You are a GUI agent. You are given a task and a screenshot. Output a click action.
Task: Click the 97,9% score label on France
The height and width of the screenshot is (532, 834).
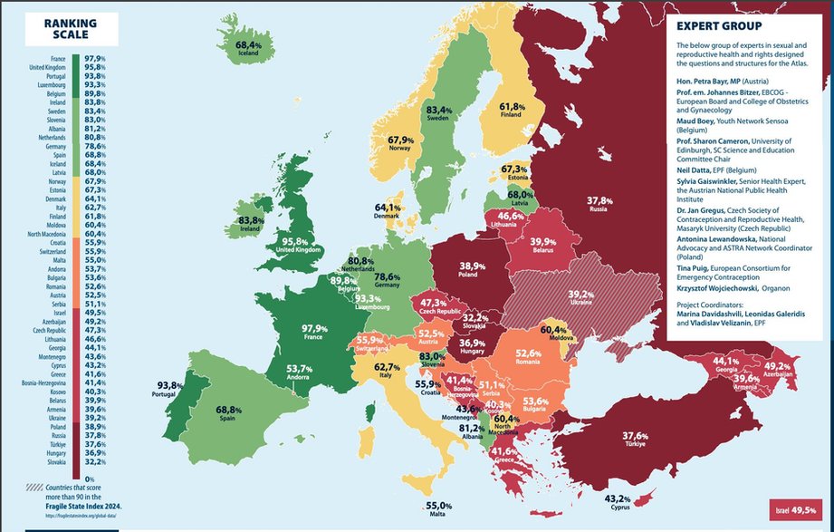point(314,328)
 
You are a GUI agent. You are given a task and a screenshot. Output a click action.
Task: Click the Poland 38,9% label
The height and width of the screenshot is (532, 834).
point(472,268)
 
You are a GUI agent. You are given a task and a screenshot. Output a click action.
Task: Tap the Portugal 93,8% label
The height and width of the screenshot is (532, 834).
point(169,385)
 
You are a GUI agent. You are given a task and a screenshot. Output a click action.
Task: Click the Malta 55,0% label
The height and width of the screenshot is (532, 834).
point(438,506)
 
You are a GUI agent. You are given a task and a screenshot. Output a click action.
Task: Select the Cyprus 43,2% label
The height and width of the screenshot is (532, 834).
point(617,498)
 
